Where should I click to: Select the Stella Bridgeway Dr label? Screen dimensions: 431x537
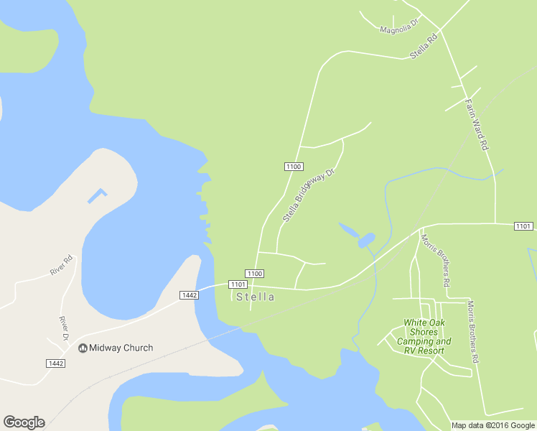point(309,195)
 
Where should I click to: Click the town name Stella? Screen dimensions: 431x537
point(255,297)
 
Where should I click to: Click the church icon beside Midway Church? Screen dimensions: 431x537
point(83,348)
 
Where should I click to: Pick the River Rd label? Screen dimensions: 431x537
point(62,265)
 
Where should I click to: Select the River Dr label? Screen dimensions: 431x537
point(63,327)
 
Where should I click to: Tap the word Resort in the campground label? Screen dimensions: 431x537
point(435,351)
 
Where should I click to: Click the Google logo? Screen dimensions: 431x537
point(24,422)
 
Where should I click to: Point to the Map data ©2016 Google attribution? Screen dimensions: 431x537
point(493,425)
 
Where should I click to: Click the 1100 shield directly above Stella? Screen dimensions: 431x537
point(255,274)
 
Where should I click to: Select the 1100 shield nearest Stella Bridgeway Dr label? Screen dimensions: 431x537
point(293,167)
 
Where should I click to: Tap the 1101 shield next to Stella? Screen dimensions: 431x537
point(238,284)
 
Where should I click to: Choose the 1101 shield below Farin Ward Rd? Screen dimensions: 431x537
point(523,226)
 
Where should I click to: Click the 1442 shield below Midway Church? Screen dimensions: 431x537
point(55,363)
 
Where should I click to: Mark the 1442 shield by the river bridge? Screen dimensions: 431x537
point(189,295)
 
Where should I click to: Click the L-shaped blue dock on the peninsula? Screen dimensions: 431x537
point(97,195)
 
